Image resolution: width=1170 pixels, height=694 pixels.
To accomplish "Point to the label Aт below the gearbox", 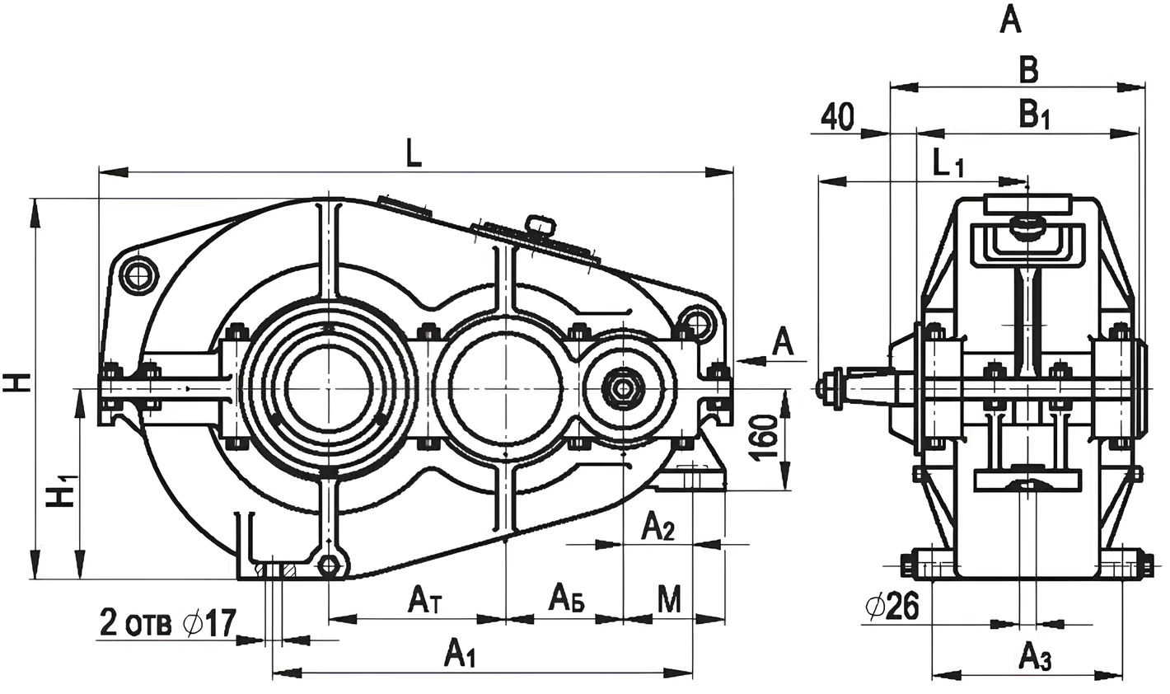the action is point(426,599).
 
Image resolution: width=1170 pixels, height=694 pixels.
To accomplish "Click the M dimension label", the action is point(669,599).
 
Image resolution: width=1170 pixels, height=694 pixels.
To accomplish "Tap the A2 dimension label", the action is point(658,526).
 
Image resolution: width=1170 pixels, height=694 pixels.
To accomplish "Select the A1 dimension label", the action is point(460,654).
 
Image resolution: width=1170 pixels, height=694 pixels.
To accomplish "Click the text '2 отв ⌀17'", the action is point(168,622).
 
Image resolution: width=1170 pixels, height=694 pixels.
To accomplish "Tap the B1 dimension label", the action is point(1034,116).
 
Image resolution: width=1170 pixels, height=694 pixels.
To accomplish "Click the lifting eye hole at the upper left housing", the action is point(139,275).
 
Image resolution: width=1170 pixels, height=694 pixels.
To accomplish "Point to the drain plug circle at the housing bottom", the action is point(329,565).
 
